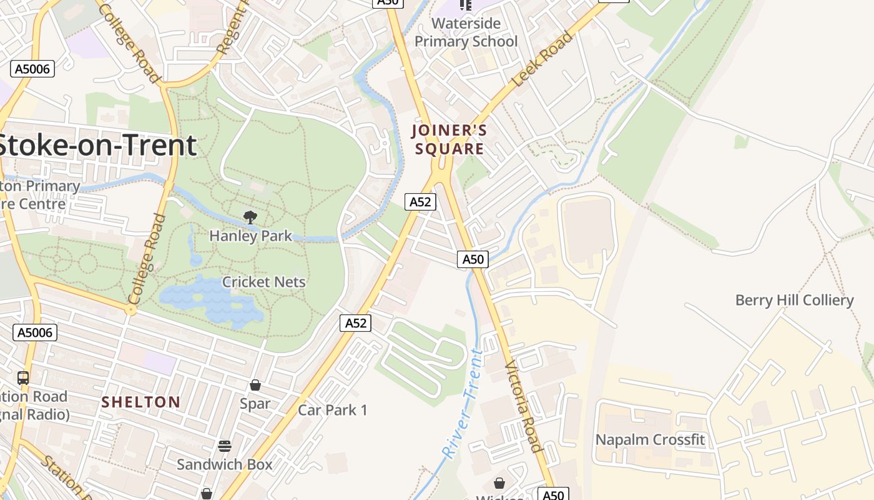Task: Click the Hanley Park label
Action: (251, 236)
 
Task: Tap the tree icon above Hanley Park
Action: (250, 217)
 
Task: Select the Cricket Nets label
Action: (264, 282)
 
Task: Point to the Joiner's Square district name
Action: (449, 140)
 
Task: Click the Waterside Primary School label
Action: (466, 32)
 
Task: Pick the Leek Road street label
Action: (541, 60)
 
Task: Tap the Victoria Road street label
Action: (523, 406)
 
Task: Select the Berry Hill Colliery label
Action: (794, 300)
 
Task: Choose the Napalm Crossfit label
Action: (650, 439)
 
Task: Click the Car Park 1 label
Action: (333, 410)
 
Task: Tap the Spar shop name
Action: (255, 404)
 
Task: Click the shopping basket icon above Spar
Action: (255, 385)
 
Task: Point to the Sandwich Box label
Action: (225, 464)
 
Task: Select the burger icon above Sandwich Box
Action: (225, 446)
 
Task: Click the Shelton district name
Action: (141, 402)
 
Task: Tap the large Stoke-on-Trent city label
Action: (97, 145)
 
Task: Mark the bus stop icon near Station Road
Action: (23, 377)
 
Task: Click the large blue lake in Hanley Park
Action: (212, 300)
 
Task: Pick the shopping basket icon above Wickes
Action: (499, 483)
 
